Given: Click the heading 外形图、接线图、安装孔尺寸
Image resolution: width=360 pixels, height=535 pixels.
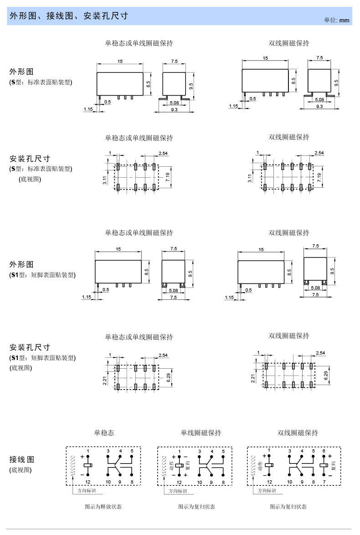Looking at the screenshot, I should [69, 16].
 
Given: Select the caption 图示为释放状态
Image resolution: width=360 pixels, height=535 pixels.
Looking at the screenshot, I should [103, 506].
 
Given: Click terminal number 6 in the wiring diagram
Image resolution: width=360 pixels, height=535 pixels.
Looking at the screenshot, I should [324, 451].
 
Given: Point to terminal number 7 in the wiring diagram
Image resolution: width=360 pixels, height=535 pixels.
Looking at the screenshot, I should [324, 482].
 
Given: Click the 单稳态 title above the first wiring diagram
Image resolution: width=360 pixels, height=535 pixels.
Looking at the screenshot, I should [104, 432].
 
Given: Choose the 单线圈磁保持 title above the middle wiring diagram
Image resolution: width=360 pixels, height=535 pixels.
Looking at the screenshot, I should [201, 432].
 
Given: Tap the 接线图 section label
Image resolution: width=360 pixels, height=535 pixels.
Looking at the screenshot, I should [22, 459].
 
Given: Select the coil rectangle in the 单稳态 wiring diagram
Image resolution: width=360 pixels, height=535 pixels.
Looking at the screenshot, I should [88, 465].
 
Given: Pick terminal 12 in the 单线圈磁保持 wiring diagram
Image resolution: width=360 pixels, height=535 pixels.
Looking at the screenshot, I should [179, 482].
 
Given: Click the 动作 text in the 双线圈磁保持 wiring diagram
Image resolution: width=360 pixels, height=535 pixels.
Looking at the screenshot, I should [260, 466].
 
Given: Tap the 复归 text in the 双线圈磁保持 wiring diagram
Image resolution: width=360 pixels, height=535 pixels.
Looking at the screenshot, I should [333, 466].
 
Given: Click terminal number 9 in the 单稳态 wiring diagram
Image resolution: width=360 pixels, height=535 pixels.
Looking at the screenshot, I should [120, 482].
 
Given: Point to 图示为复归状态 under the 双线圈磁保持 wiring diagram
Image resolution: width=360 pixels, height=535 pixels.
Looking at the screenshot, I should [288, 506].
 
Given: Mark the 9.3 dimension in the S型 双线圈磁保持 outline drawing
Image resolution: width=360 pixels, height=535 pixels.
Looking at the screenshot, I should [319, 106].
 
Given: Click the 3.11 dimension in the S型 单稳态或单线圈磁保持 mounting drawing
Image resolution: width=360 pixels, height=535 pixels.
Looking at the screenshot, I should [105, 180].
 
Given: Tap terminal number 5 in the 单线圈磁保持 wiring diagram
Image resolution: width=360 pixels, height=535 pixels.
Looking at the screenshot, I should [223, 451].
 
